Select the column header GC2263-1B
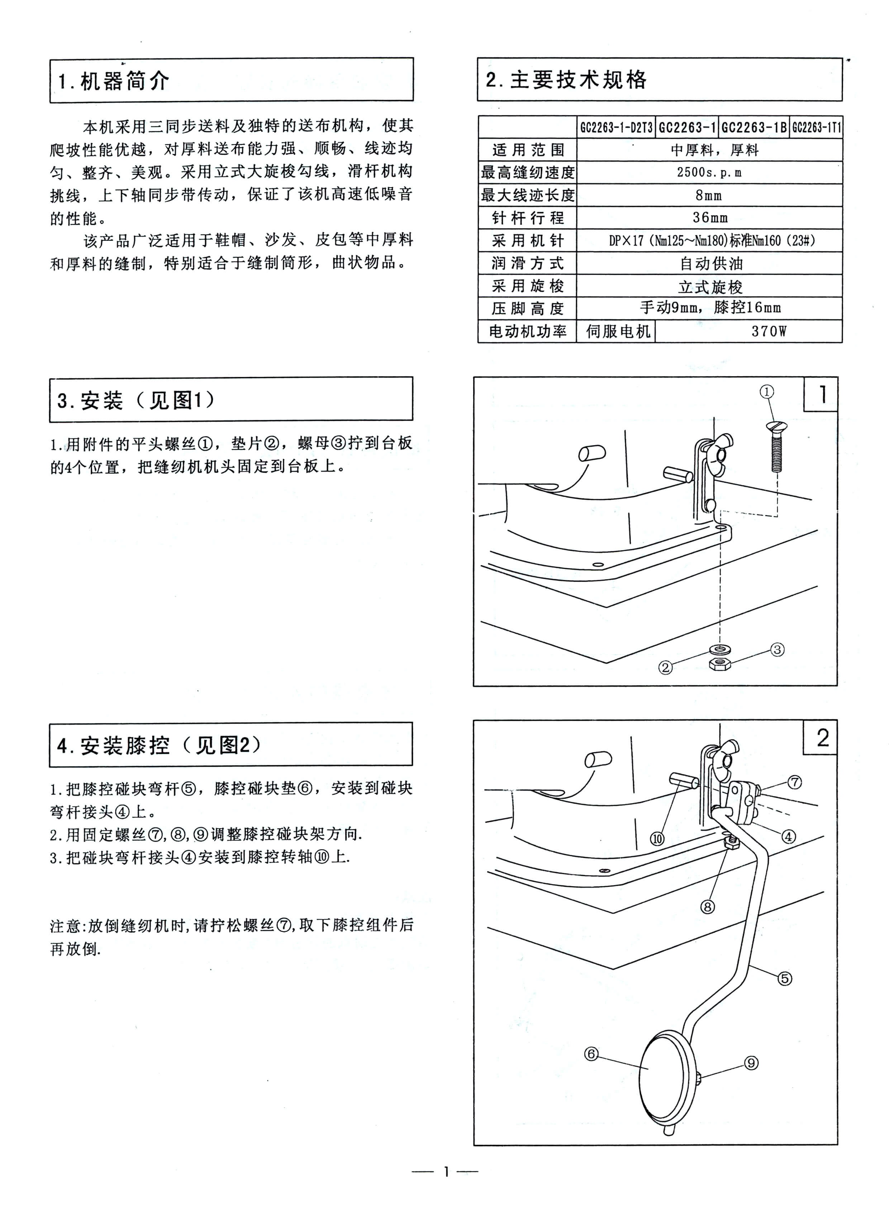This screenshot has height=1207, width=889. point(753,128)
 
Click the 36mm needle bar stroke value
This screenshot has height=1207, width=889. point(710,218)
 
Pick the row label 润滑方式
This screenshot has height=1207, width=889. point(527,263)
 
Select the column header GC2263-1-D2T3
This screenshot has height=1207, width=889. point(616,128)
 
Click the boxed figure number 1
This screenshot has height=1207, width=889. point(822,394)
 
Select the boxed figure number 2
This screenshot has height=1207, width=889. point(822,738)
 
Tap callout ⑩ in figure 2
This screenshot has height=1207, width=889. point(657,838)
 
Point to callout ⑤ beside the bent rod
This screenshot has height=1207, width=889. point(785,978)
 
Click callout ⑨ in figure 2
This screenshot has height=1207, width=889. point(751,1063)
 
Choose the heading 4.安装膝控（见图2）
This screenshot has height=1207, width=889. point(159,745)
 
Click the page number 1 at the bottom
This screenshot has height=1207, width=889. point(445,1171)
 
